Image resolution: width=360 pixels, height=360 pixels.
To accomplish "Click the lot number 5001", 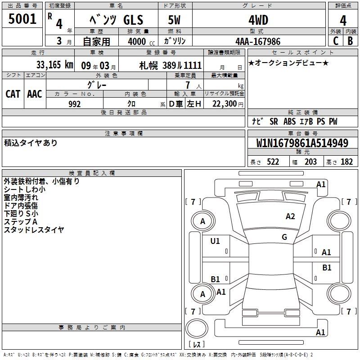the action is click(22, 19).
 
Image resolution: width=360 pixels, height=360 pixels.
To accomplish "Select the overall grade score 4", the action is click(343, 20).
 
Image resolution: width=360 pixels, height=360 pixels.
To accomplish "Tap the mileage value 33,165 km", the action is click(54, 65).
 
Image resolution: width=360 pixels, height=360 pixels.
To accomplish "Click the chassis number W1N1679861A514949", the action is click(302, 143).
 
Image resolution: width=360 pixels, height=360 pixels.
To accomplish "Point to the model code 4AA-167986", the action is click(258, 41).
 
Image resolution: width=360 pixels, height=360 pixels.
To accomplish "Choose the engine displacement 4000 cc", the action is click(141, 41).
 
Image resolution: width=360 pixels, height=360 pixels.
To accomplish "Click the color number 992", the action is click(75, 104).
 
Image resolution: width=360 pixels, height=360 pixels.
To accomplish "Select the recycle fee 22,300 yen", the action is click(228, 104).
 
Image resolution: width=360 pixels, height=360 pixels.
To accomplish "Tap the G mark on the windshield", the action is click(284, 237).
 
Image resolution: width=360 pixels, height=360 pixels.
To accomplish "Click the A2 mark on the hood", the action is click(290, 216).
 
